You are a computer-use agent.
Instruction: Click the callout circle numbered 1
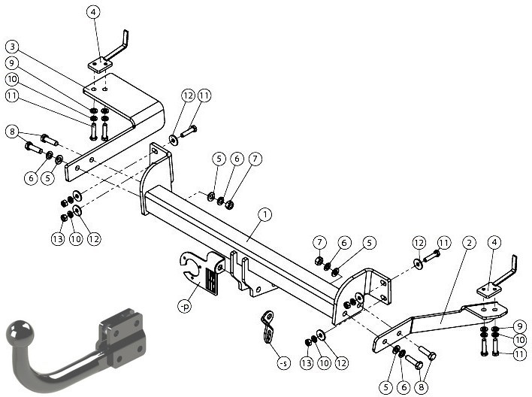pos(265,214)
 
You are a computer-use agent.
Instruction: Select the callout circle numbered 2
pos(469,242)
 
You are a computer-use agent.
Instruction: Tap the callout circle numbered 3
pos(13,47)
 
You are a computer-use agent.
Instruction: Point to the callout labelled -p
pos(185,306)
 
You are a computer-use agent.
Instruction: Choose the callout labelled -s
pos(283,363)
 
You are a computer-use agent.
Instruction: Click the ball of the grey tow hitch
pos(20,333)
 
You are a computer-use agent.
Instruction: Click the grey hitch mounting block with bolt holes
pos(122,338)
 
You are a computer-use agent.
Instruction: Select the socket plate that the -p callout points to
pos(201,271)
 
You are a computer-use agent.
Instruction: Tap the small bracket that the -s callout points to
pos(268,328)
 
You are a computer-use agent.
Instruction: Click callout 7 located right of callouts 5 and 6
pos(255,159)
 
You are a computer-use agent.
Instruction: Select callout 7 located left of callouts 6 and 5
pos(319,242)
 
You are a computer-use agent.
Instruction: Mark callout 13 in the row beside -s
pos(306,363)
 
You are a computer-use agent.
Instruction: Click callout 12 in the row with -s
pos(342,363)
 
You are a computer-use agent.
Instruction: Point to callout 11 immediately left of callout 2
pos(444,242)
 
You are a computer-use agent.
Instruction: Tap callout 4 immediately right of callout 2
pos(494,242)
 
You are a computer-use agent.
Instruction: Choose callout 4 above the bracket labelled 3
pos(93,12)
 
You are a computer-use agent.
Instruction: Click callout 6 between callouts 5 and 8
pos(404,387)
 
